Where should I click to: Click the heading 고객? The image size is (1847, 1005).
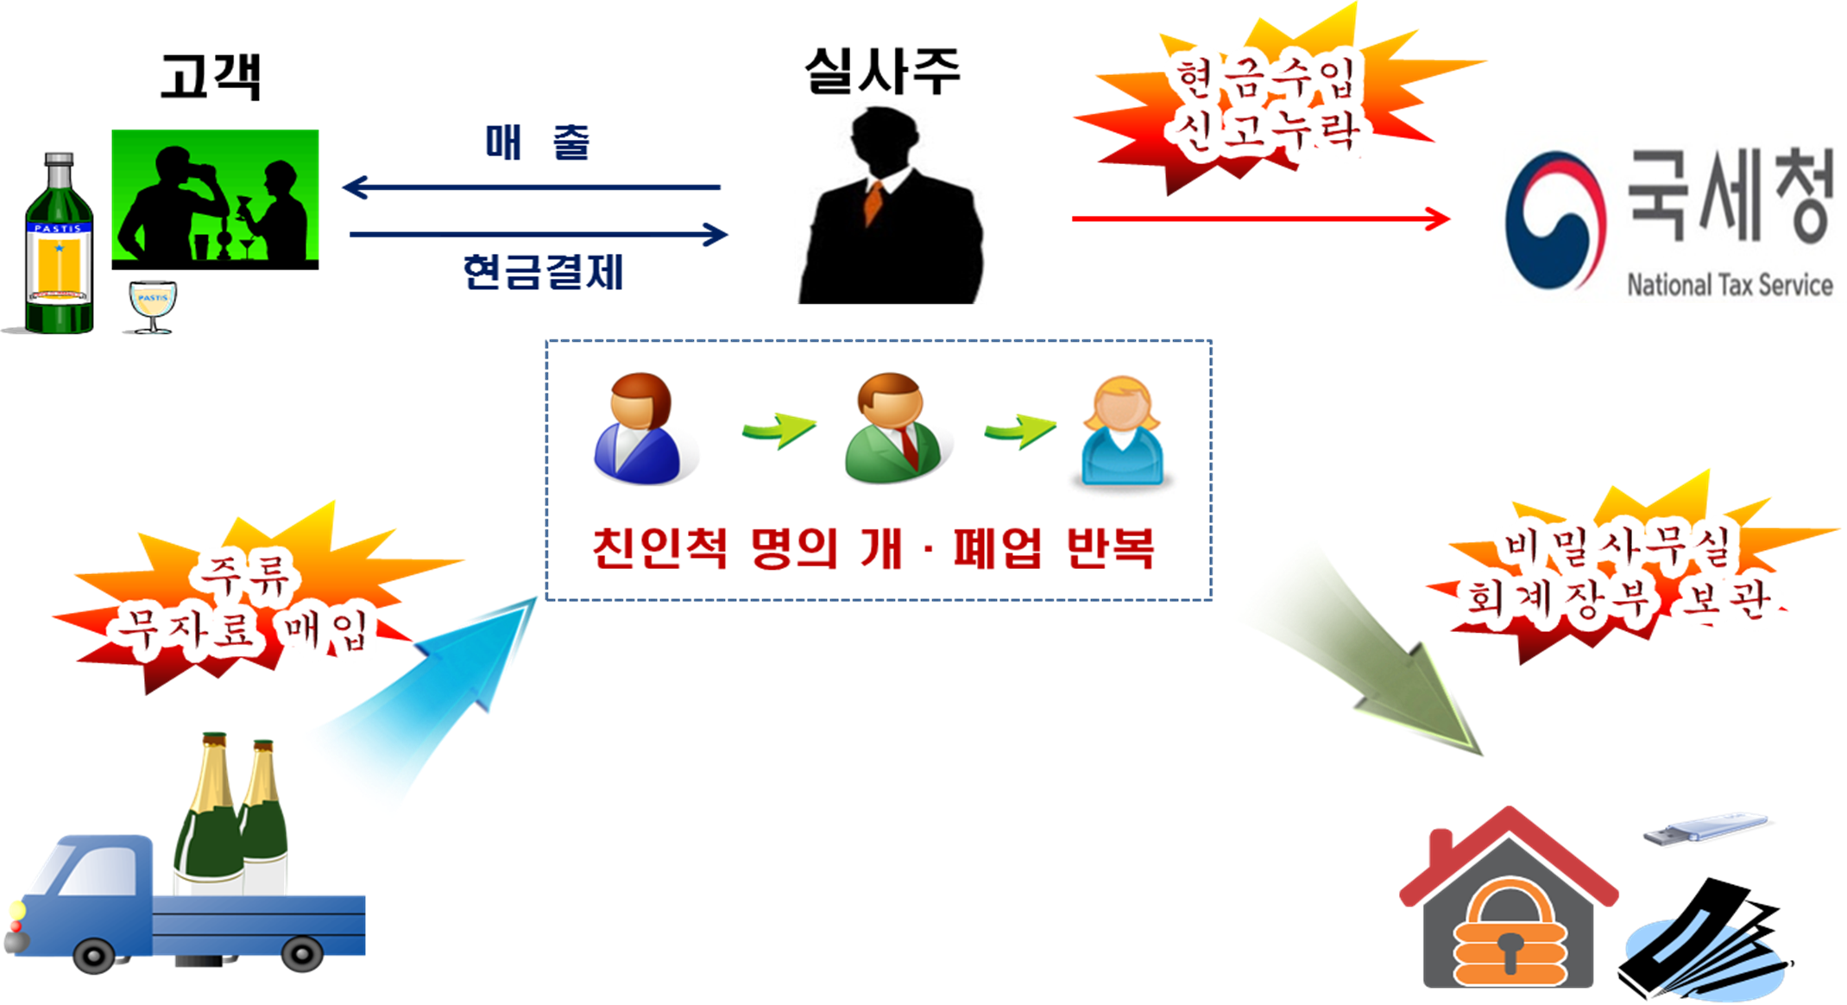tap(211, 76)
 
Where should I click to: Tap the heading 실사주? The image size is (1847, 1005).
tap(882, 71)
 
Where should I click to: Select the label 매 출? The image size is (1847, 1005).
tap(537, 142)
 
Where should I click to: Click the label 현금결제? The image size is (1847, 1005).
tap(543, 272)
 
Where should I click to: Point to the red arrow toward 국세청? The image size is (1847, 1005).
tap(1260, 218)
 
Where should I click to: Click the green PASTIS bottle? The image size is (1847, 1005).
tap(59, 244)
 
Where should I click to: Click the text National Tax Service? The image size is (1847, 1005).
tap(1730, 285)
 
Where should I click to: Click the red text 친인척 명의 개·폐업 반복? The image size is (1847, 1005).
tap(873, 547)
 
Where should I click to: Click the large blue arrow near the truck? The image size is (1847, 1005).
tap(432, 691)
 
